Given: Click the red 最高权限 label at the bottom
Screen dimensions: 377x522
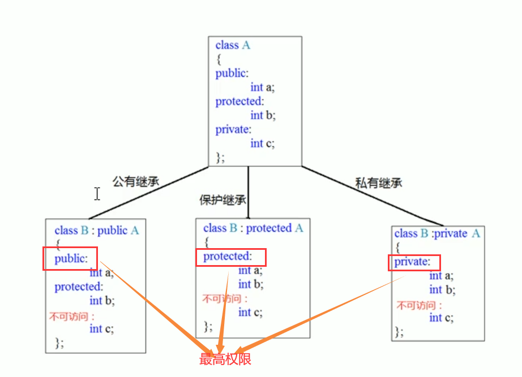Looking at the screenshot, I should (x=225, y=359).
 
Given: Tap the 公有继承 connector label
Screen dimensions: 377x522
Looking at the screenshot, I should (x=135, y=182).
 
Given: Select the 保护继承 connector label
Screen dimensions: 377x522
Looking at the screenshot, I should (x=223, y=200).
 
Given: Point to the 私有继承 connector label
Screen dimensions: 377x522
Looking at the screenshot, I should (x=378, y=183).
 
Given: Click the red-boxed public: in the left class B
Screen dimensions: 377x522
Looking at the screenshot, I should (x=71, y=259).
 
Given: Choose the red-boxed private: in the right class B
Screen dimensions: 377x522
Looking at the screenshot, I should (x=412, y=262).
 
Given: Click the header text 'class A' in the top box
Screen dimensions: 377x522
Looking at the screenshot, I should (x=233, y=45).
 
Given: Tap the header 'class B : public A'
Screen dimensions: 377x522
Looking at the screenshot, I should (x=96, y=231).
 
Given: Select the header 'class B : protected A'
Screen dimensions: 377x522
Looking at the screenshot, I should (x=253, y=228).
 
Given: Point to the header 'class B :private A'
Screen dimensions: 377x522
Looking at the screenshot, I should (x=437, y=233).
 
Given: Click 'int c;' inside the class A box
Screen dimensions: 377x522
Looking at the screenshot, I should (x=263, y=144).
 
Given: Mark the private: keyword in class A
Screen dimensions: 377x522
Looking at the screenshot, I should (x=232, y=129).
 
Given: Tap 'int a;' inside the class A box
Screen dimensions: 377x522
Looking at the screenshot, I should (x=263, y=88).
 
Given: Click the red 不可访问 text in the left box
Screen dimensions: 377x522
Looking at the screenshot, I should (x=71, y=317).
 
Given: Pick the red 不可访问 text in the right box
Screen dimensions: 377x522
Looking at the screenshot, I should (x=419, y=306).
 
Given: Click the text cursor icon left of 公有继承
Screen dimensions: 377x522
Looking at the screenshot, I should (x=97, y=194).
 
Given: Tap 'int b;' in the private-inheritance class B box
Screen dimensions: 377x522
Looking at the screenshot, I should (x=442, y=290).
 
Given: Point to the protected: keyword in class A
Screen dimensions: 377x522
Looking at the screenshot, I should (x=239, y=102).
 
